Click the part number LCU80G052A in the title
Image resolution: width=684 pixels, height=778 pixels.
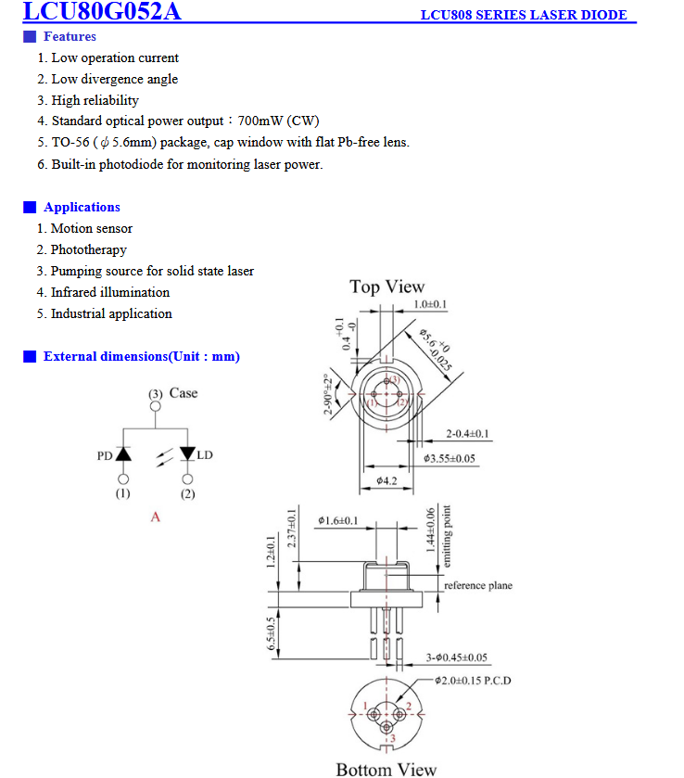point(102,12)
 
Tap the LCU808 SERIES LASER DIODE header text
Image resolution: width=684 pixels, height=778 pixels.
point(523,15)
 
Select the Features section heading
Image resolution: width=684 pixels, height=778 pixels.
point(70,36)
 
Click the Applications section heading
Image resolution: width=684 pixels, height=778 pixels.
point(82,207)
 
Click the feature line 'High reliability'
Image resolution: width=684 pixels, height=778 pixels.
point(95,100)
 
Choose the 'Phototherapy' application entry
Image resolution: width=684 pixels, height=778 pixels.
point(88,249)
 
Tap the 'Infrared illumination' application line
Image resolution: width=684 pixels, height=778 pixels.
point(109,292)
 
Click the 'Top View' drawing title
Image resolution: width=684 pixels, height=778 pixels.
point(386,287)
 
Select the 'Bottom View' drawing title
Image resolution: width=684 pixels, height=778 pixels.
point(386,769)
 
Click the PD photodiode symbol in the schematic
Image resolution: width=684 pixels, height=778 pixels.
point(123,454)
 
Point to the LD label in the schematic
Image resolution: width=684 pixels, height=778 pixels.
point(205,455)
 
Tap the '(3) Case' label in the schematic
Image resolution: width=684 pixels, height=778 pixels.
point(173,393)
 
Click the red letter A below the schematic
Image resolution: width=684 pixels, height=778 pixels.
point(155,517)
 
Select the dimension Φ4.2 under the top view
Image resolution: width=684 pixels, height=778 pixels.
point(386,480)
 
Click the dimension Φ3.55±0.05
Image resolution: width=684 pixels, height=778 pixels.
point(462,458)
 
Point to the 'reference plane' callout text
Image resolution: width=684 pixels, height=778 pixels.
point(477,586)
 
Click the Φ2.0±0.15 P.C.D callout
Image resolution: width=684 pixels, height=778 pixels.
point(474,681)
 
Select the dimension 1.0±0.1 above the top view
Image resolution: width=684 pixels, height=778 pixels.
point(430,305)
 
